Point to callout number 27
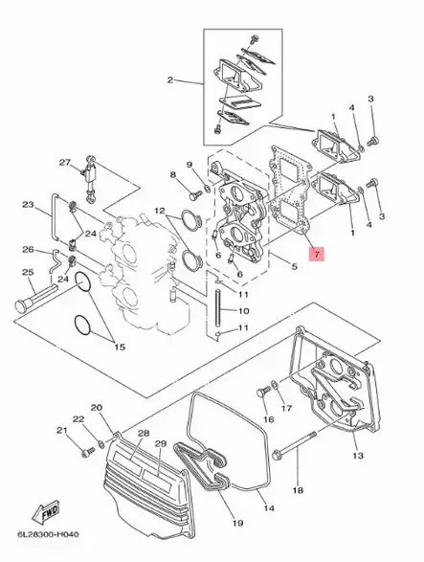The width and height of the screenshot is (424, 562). coord(65,162)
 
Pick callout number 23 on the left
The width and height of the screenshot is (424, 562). coord(28,204)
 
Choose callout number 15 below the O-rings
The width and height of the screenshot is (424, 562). coord(119,344)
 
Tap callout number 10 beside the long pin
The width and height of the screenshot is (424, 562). coord(242,311)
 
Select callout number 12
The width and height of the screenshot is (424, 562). coord(160,212)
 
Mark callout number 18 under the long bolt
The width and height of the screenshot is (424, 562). coord(297,489)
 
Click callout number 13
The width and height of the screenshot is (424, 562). coord(358,457)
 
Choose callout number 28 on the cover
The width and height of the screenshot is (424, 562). coord(143,434)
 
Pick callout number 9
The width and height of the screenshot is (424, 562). coord(190,165)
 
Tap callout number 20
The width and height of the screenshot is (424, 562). coord(96,408)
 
